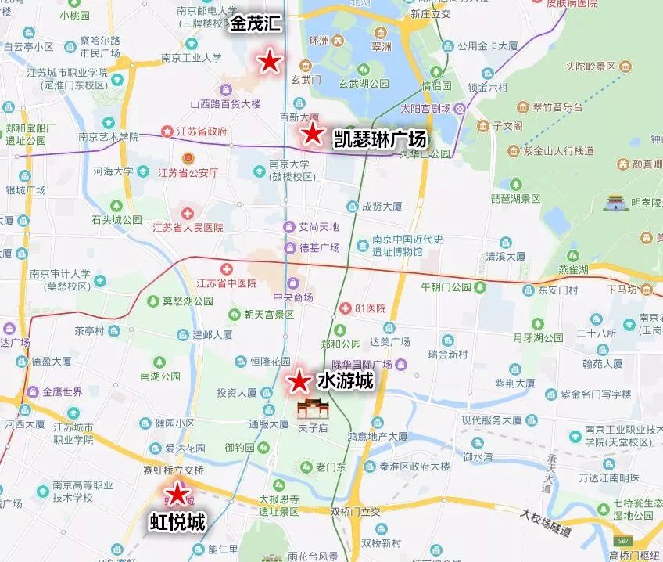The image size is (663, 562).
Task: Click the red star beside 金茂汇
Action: pos(270,61)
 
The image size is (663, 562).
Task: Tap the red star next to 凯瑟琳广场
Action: pos(313,134)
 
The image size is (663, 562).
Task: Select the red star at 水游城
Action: pos(299,382)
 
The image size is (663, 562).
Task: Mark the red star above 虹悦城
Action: pos(178,493)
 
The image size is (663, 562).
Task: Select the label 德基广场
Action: pos(319,247)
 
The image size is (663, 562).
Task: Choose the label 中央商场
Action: pos(293,297)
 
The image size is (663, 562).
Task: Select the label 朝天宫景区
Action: pos(268,314)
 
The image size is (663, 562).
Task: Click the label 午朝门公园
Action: pos(446,286)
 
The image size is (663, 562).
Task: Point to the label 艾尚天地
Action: pos(319,227)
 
